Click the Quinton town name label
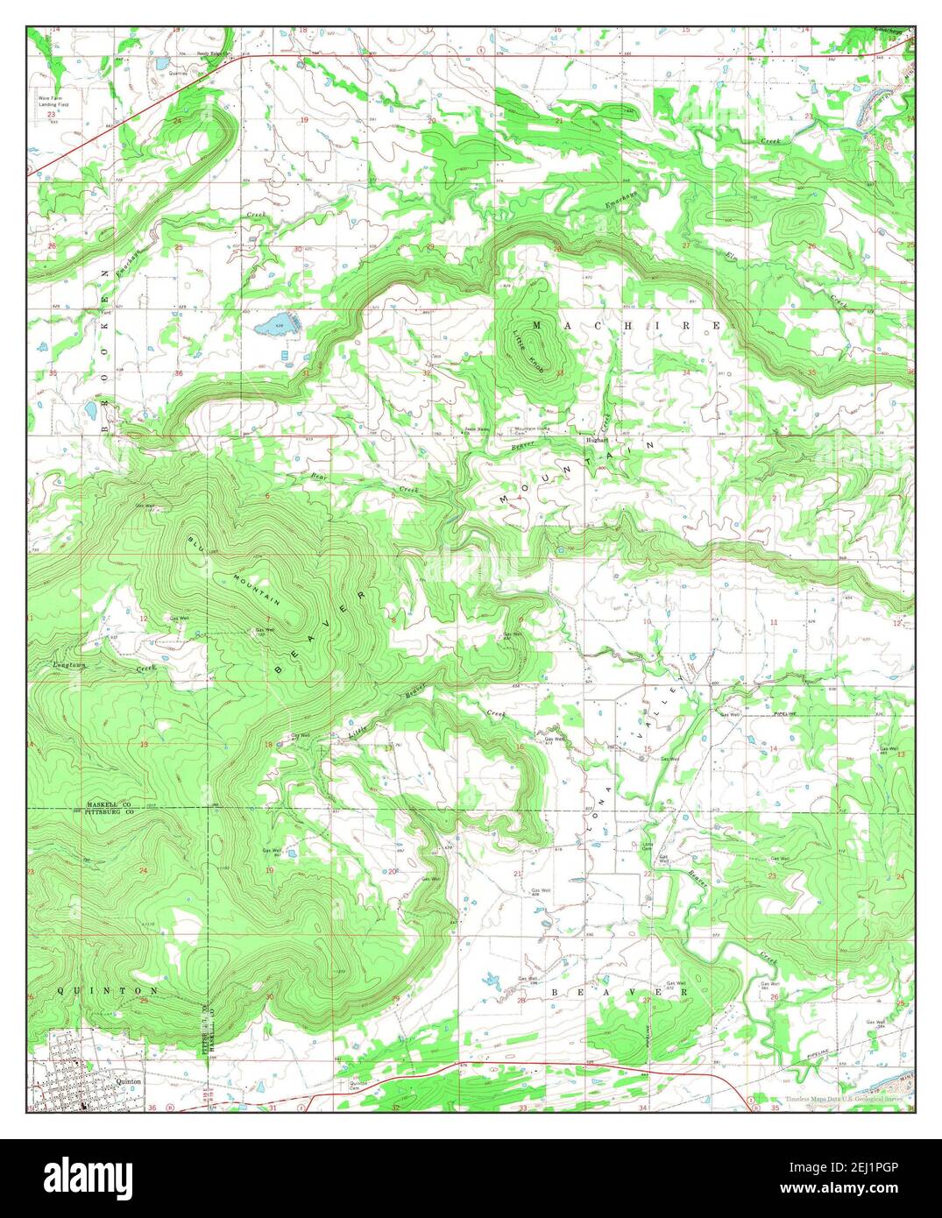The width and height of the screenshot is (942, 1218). [x=128, y=1081]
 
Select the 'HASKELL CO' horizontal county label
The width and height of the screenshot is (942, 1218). [x=108, y=804]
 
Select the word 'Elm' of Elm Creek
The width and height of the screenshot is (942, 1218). [x=730, y=256]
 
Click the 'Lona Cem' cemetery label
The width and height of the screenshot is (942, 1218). [x=646, y=846]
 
